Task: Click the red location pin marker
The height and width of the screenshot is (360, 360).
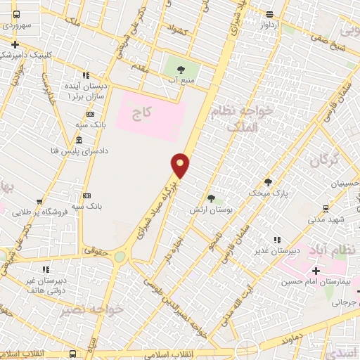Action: [x=181, y=165]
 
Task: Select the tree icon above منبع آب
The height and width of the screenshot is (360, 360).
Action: [x=181, y=69]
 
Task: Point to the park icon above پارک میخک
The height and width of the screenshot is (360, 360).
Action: [x=268, y=181]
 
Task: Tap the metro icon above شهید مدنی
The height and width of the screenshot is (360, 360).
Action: [x=326, y=209]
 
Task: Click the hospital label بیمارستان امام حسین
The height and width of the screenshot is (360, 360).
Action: [x=317, y=282]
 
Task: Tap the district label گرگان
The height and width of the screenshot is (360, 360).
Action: [x=323, y=160]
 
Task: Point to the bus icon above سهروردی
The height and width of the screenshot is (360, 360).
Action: [x=16, y=15]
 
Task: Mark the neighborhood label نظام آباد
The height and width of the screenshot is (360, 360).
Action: [x=341, y=250]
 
